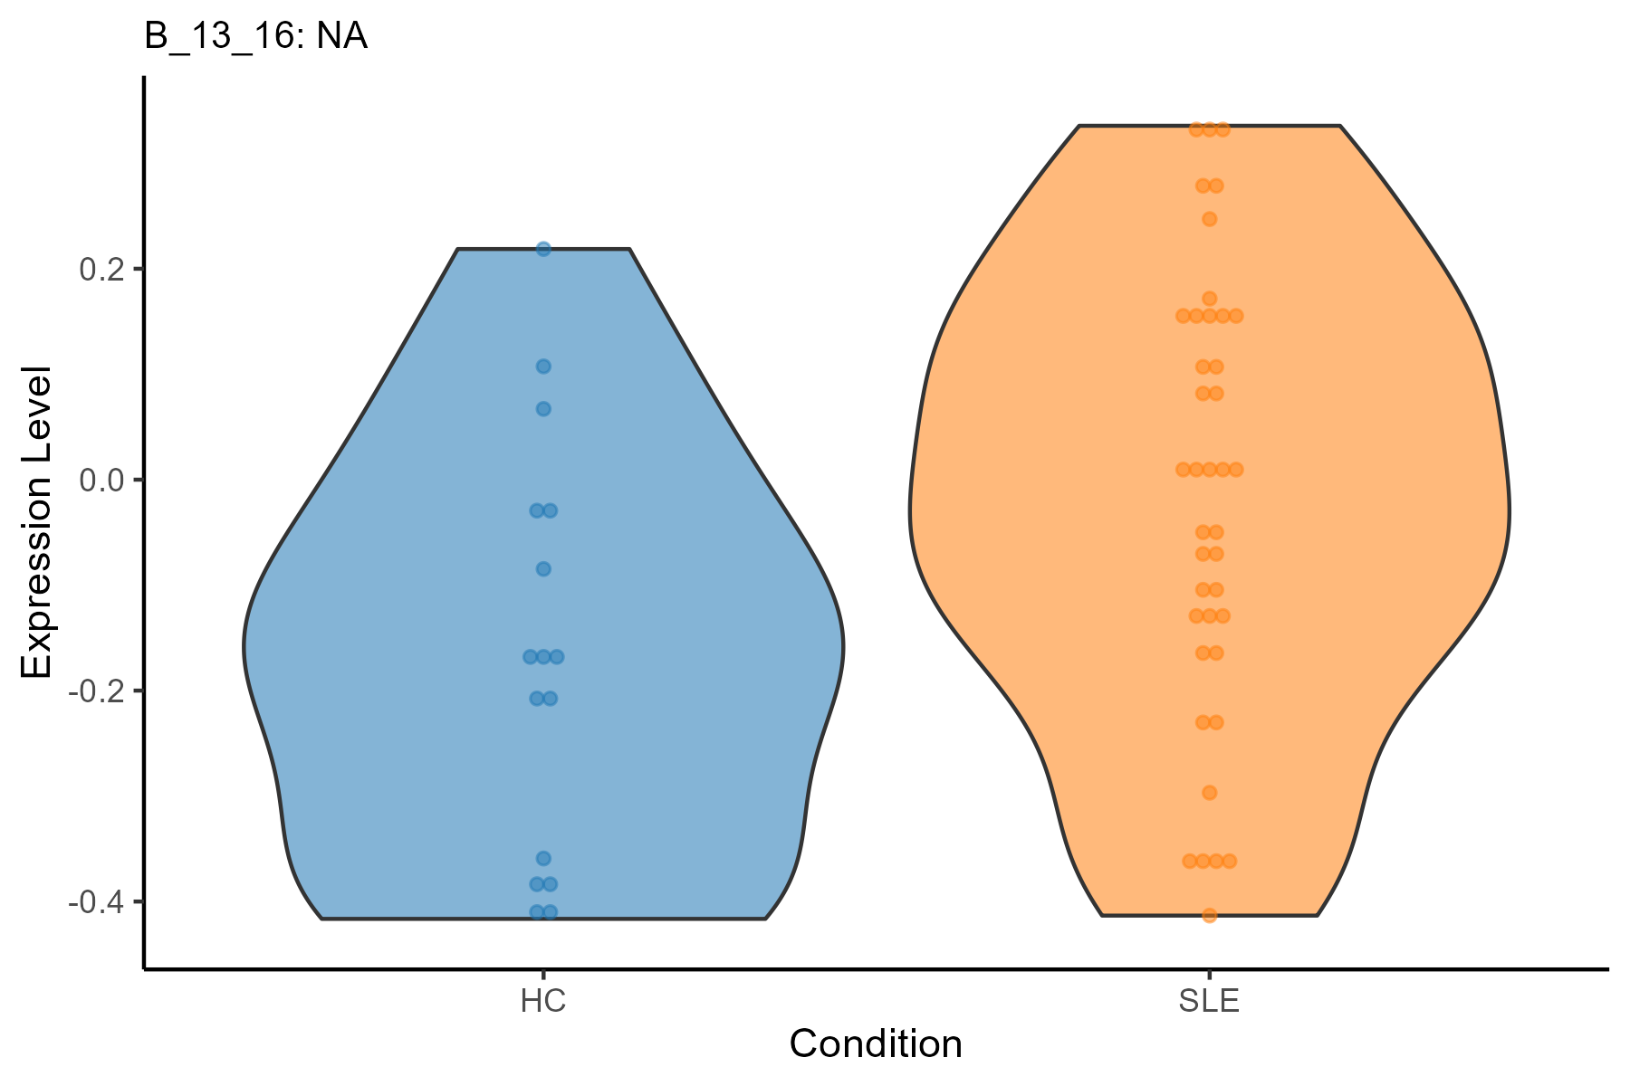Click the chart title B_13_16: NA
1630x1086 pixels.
click(x=256, y=38)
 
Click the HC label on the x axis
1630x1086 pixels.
click(x=543, y=1002)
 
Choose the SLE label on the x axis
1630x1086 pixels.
click(x=1209, y=1002)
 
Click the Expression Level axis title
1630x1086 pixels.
click(x=38, y=522)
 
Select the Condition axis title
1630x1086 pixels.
click(x=876, y=1044)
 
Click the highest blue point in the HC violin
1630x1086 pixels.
click(x=543, y=249)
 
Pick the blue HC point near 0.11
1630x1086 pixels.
click(x=543, y=367)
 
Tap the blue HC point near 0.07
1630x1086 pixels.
click(x=543, y=409)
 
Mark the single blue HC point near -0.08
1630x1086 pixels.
click(x=543, y=569)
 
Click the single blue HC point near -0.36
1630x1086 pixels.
click(x=543, y=858)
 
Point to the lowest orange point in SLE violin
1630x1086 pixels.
click(x=1209, y=916)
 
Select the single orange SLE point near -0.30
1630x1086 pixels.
click(x=1209, y=793)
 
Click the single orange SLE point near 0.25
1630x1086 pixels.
click(x=1209, y=219)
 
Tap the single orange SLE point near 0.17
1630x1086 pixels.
click(x=1209, y=299)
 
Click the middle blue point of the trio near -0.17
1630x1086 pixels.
click(x=543, y=656)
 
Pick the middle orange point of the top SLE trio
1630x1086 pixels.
click(x=1209, y=129)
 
